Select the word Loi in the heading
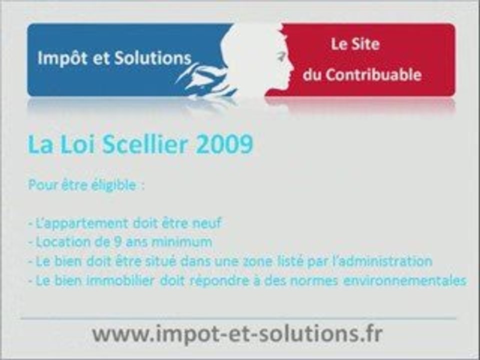click(77, 144)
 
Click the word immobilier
click(120, 280)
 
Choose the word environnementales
click(404, 280)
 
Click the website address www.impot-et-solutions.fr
click(237, 333)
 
